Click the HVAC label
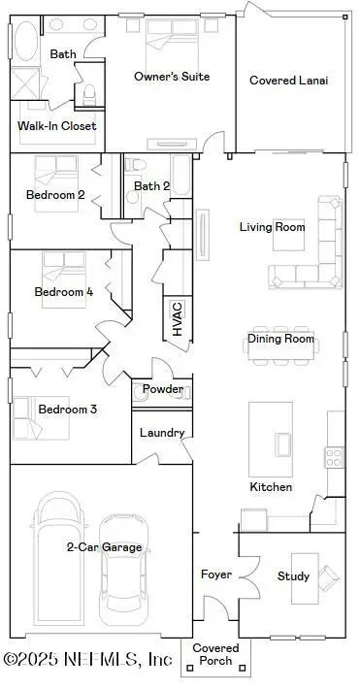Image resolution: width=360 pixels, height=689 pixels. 177,318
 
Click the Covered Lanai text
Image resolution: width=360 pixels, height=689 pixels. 288,81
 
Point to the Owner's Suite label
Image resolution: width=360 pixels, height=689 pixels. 171,76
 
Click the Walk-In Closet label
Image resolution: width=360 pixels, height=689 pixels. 56,125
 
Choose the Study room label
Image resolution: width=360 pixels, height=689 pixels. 293,576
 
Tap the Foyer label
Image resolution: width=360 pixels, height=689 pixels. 215,574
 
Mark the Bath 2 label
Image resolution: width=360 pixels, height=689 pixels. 152,186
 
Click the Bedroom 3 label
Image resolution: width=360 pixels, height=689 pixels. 67,410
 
